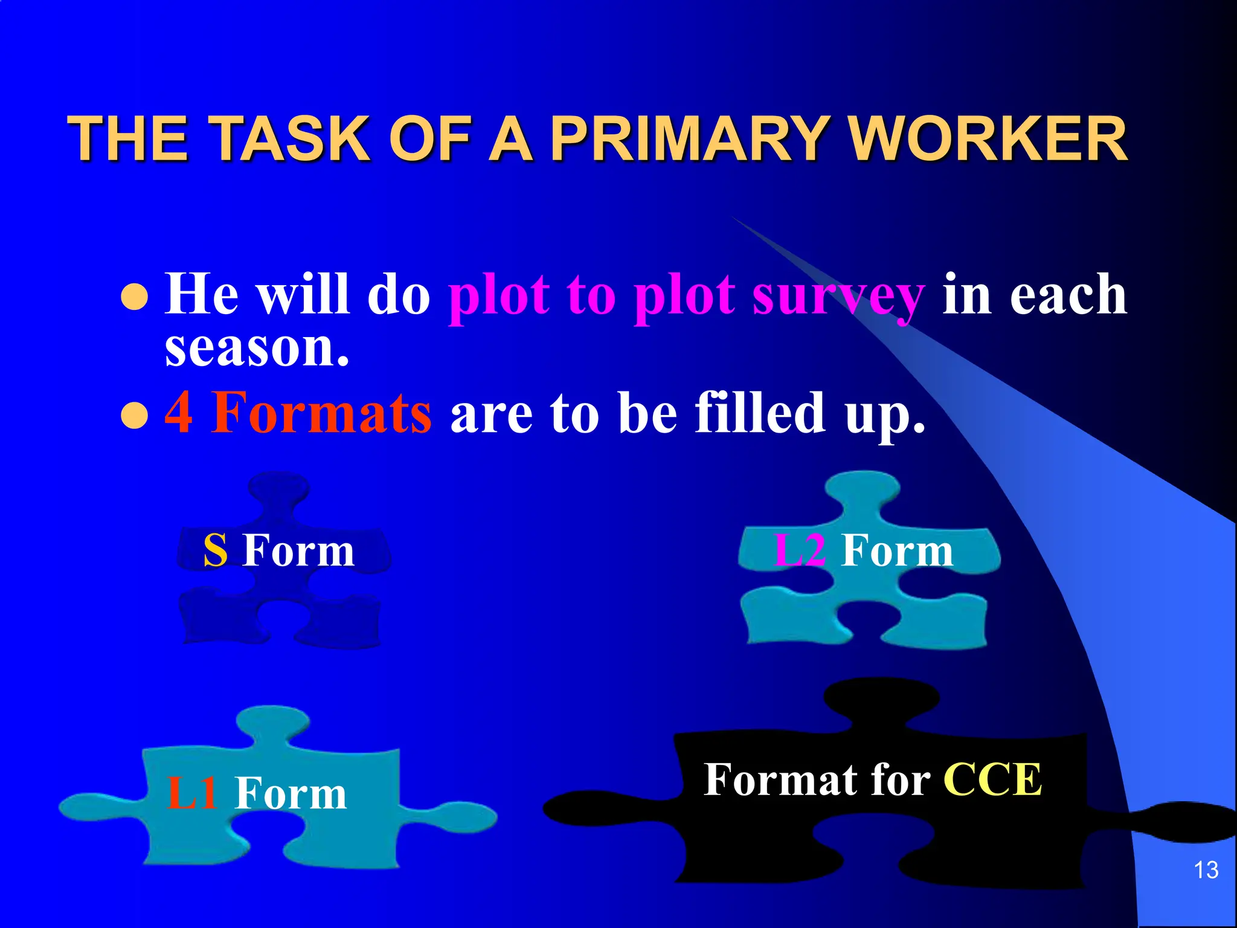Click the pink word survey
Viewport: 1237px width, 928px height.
coord(838,296)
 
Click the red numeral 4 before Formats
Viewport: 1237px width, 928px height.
coord(179,412)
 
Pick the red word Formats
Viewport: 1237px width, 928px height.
coord(321,412)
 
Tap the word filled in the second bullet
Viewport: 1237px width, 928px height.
coord(760,412)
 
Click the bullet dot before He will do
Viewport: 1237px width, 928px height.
coord(134,297)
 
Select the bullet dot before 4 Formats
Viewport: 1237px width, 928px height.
coord(134,415)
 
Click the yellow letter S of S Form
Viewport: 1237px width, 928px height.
coord(216,551)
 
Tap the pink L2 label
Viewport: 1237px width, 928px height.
coord(799,551)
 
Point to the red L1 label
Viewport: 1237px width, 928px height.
coord(191,793)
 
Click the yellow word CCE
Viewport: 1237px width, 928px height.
coord(992,779)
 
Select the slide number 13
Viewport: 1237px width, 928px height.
coord(1206,870)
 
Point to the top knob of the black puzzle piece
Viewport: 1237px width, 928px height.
coord(882,698)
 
